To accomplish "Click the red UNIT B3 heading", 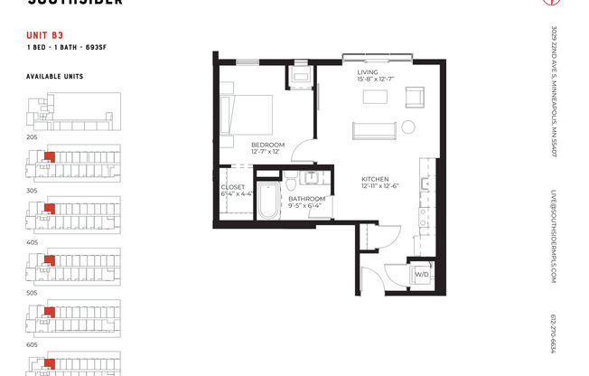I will point(44,36).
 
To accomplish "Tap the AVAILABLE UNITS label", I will point(54,77).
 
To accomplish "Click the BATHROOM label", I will point(307,201).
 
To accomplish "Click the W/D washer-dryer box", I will point(421,274).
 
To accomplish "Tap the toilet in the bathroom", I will point(296,181).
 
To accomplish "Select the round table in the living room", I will point(407,127).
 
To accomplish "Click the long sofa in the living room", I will point(373,130).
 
